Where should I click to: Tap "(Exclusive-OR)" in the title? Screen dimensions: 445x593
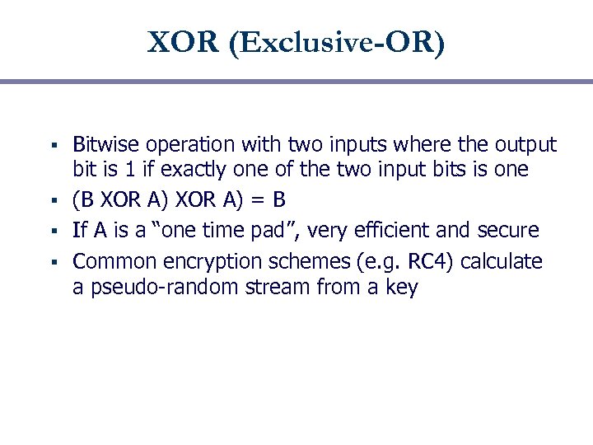(338, 43)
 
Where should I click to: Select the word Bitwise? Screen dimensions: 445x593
(105, 145)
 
